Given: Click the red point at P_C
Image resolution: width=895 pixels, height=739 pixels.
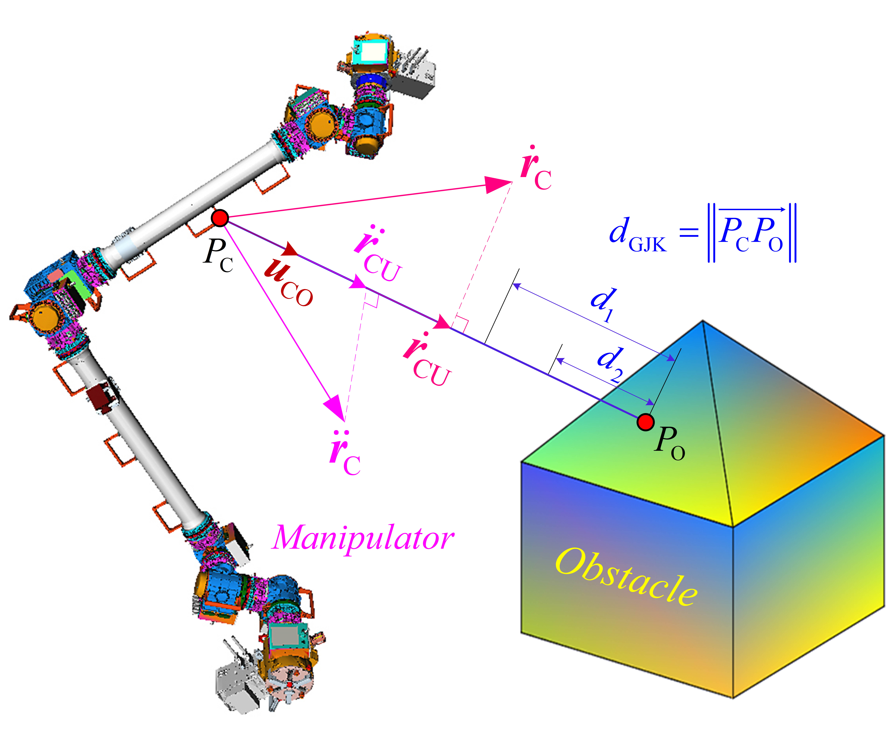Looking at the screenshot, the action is point(220,218).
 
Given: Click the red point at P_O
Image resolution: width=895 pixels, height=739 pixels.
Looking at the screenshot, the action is point(646,422).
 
